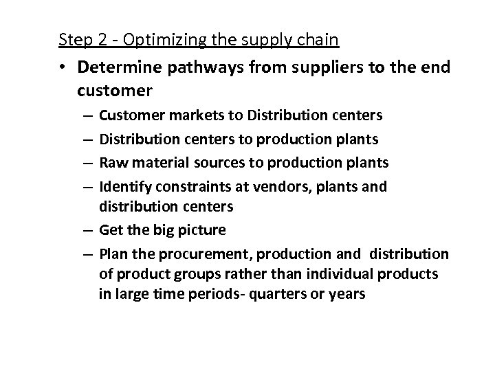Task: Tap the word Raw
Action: (x=112, y=163)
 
